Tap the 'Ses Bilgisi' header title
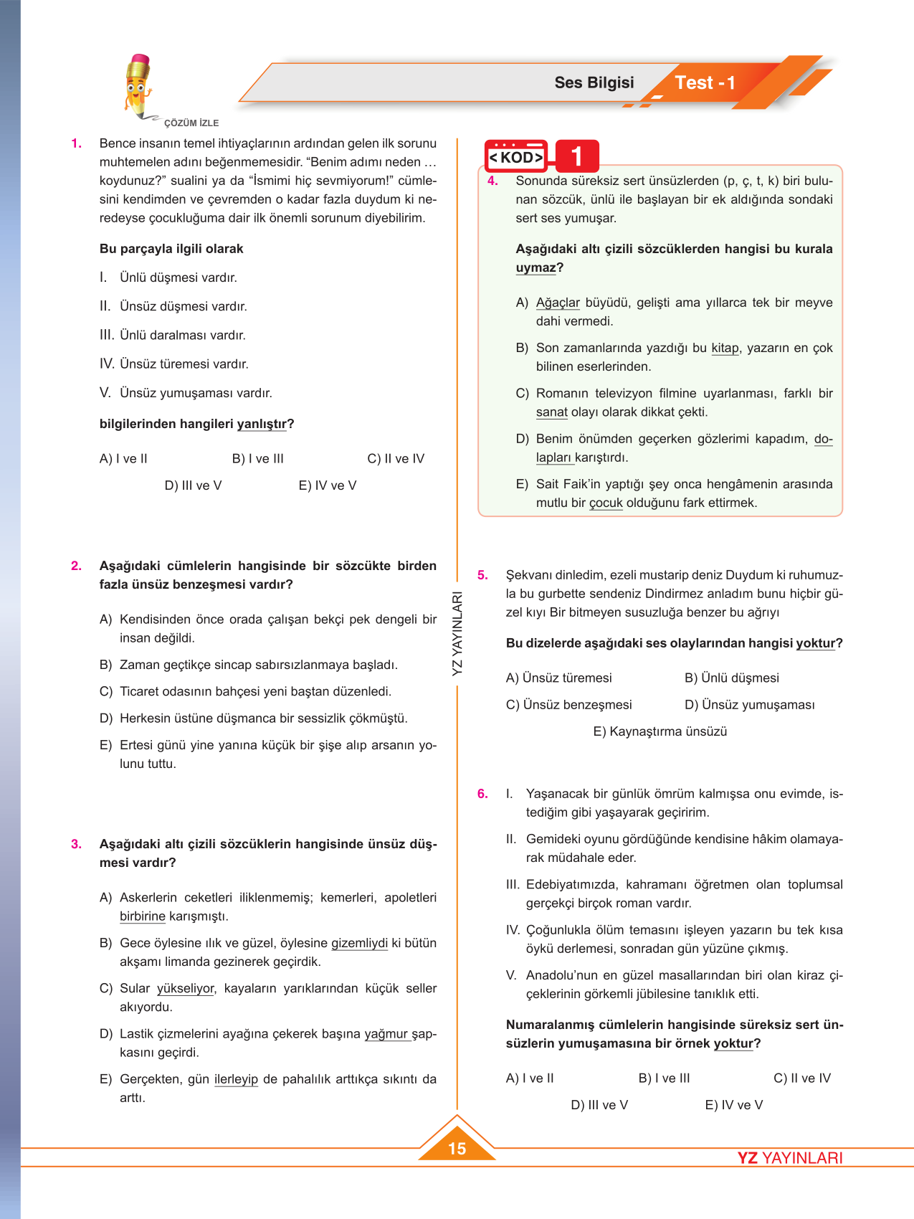[594, 82]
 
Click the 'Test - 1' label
[705, 83]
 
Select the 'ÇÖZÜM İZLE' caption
[191, 123]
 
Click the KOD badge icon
[516, 156]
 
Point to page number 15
[457, 1148]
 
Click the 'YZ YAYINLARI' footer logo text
[790, 1158]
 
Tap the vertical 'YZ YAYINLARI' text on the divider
[457, 633]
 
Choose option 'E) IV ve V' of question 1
[327, 485]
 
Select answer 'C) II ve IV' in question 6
[802, 1078]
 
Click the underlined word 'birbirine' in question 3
[143, 916]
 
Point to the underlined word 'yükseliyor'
[186, 988]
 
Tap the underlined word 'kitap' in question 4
[725, 348]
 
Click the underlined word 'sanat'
[551, 412]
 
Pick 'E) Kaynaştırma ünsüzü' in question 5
[660, 731]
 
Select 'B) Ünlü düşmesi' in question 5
[731, 678]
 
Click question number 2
[76, 566]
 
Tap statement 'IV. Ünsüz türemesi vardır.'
[173, 364]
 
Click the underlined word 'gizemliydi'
[359, 943]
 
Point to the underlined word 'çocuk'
[606, 503]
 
